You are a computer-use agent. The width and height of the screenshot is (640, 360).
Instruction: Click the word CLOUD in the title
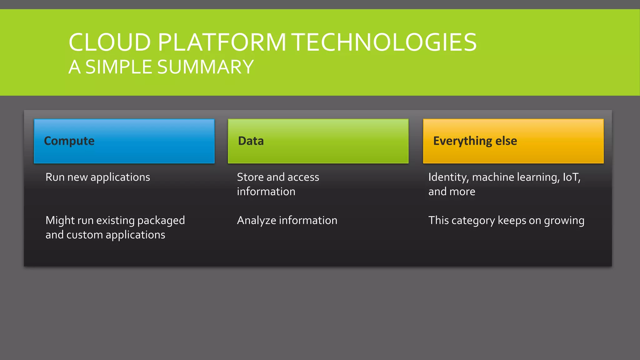pyautogui.click(x=110, y=42)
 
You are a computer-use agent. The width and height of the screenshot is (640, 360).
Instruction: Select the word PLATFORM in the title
pyautogui.click(x=222, y=42)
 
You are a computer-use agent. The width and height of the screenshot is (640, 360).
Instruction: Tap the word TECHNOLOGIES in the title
pyautogui.click(x=384, y=42)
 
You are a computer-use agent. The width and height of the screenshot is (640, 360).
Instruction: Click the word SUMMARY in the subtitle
pyautogui.click(x=205, y=67)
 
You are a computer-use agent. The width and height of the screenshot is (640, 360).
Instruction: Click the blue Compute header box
pyautogui.click(x=124, y=141)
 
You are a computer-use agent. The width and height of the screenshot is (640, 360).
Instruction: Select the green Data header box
pyautogui.click(x=318, y=141)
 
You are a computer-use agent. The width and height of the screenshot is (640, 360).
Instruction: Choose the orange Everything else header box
pyautogui.click(x=513, y=141)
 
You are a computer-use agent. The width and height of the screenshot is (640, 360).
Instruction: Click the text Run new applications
pyautogui.click(x=98, y=177)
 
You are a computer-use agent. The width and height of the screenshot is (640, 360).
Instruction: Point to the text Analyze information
pyautogui.click(x=287, y=221)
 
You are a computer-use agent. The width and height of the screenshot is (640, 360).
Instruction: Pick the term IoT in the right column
pyautogui.click(x=571, y=177)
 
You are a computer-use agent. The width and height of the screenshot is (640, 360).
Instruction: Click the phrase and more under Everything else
pyautogui.click(x=452, y=192)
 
